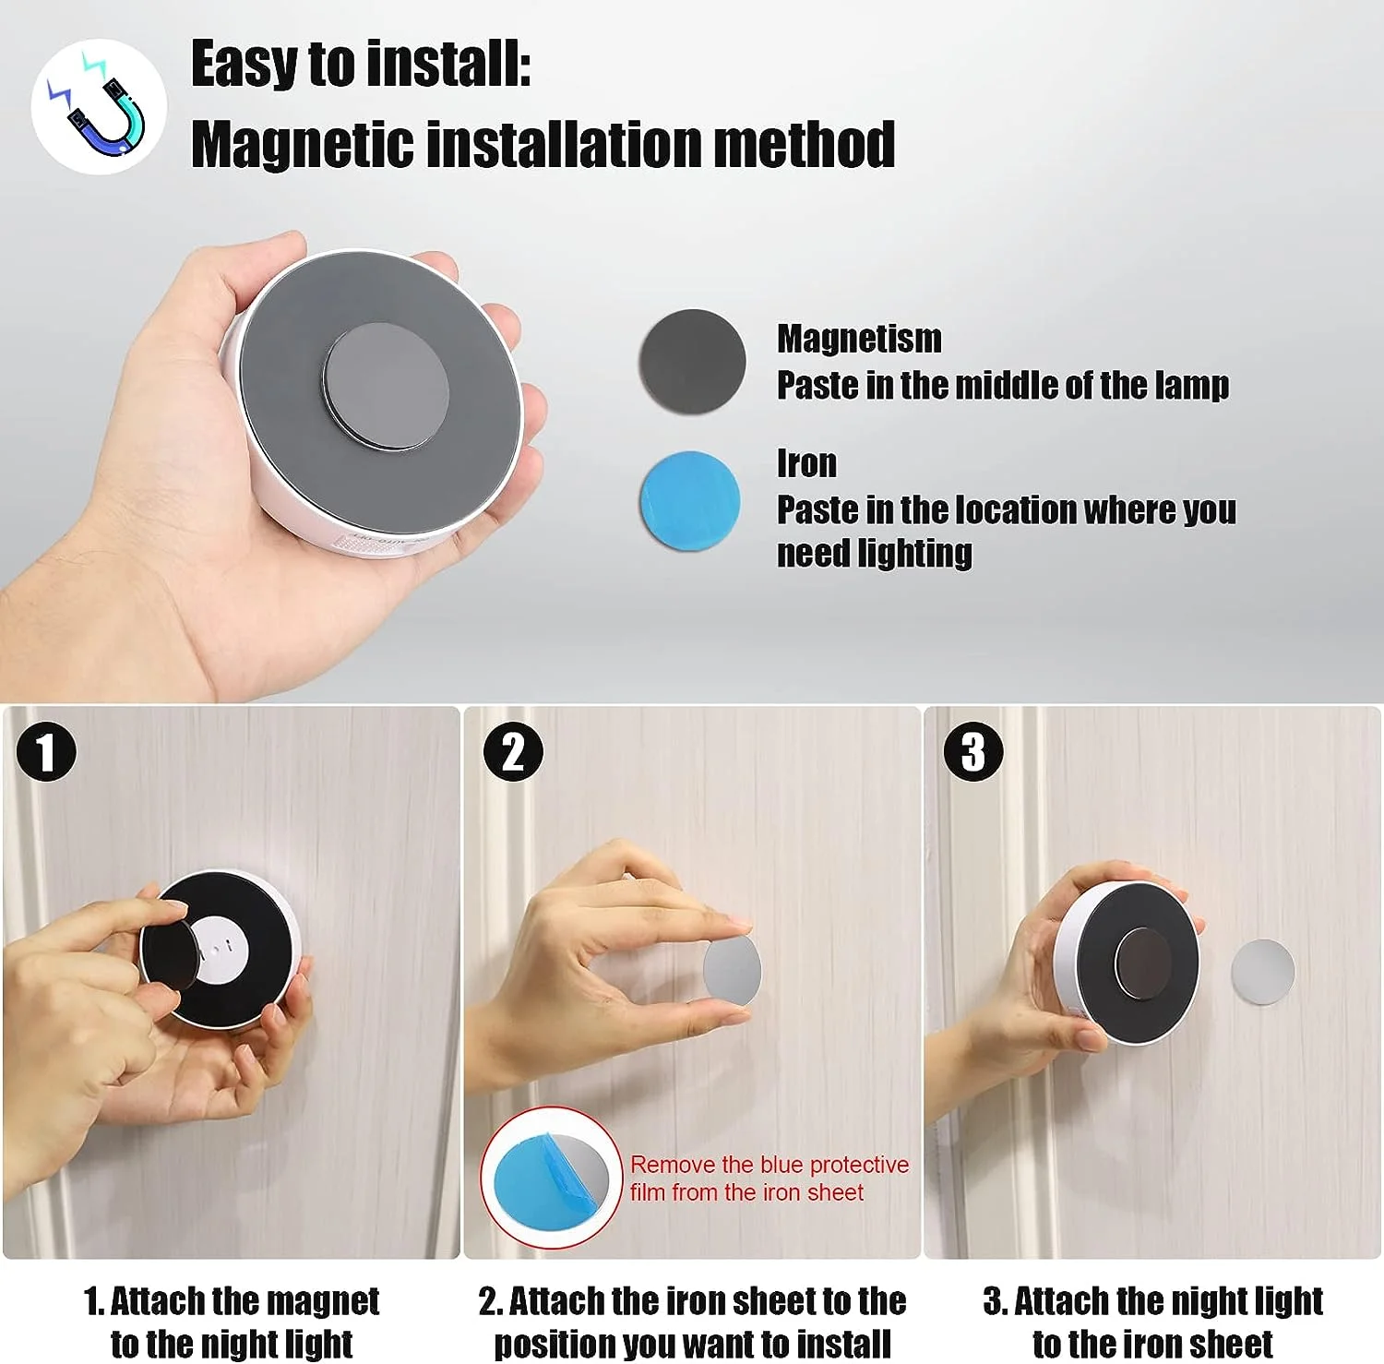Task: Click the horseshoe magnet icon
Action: [100, 107]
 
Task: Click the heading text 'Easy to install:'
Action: [360, 65]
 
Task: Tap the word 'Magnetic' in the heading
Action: [302, 146]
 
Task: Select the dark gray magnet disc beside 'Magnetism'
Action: [692, 361]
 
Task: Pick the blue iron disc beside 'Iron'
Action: [690, 501]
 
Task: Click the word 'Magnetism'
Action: [859, 339]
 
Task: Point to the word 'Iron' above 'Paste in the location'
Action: [806, 463]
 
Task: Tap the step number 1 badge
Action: [46, 751]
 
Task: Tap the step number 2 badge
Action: [513, 751]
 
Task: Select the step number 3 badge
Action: [972, 751]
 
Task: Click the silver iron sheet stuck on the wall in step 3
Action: [1262, 971]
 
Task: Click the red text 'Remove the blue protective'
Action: [770, 1165]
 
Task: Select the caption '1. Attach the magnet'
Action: [232, 1301]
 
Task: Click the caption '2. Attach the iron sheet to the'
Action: [692, 1301]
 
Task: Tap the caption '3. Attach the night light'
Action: [1153, 1301]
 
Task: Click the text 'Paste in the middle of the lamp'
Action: [1002, 385]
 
